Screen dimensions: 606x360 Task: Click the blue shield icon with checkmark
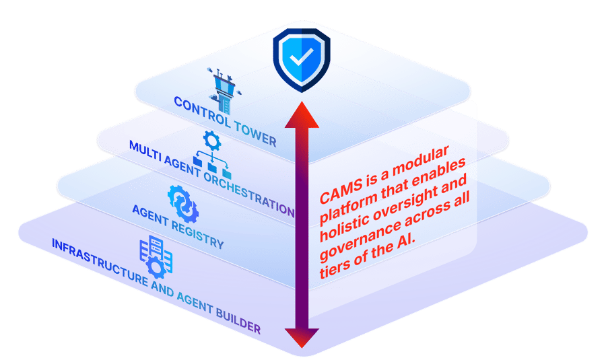(x=302, y=60)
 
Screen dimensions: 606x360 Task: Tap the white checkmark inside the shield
(x=302, y=57)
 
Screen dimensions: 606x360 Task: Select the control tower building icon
(x=224, y=91)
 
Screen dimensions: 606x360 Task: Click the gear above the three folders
(x=212, y=141)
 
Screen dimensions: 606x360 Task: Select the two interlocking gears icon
(x=183, y=204)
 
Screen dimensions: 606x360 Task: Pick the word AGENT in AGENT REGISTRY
(x=150, y=215)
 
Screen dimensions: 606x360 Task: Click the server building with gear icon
(x=156, y=257)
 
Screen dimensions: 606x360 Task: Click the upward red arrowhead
(x=302, y=114)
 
